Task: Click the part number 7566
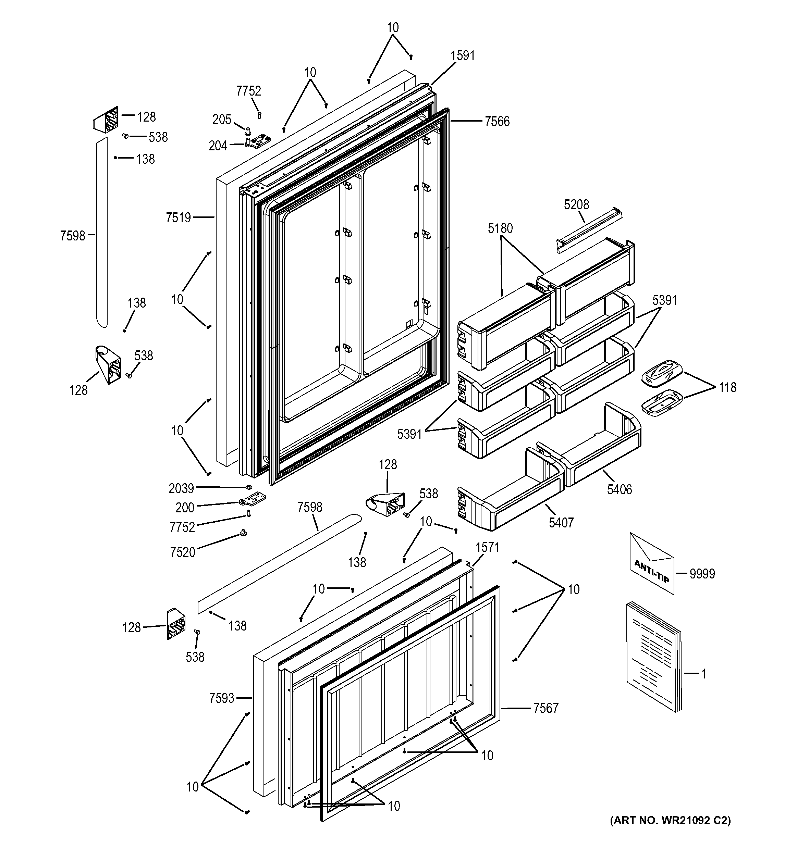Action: pos(497,122)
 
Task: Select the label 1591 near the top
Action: pos(463,55)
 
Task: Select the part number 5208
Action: pos(576,205)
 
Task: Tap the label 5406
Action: pos(620,489)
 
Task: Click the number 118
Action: pos(727,387)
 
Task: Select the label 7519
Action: pos(178,218)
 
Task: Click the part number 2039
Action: pos(181,488)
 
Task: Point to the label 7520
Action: pos(182,552)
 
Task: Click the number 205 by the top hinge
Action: pos(222,120)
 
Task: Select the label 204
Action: pos(218,146)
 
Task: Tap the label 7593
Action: pos(222,698)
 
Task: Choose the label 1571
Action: pos(487,547)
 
